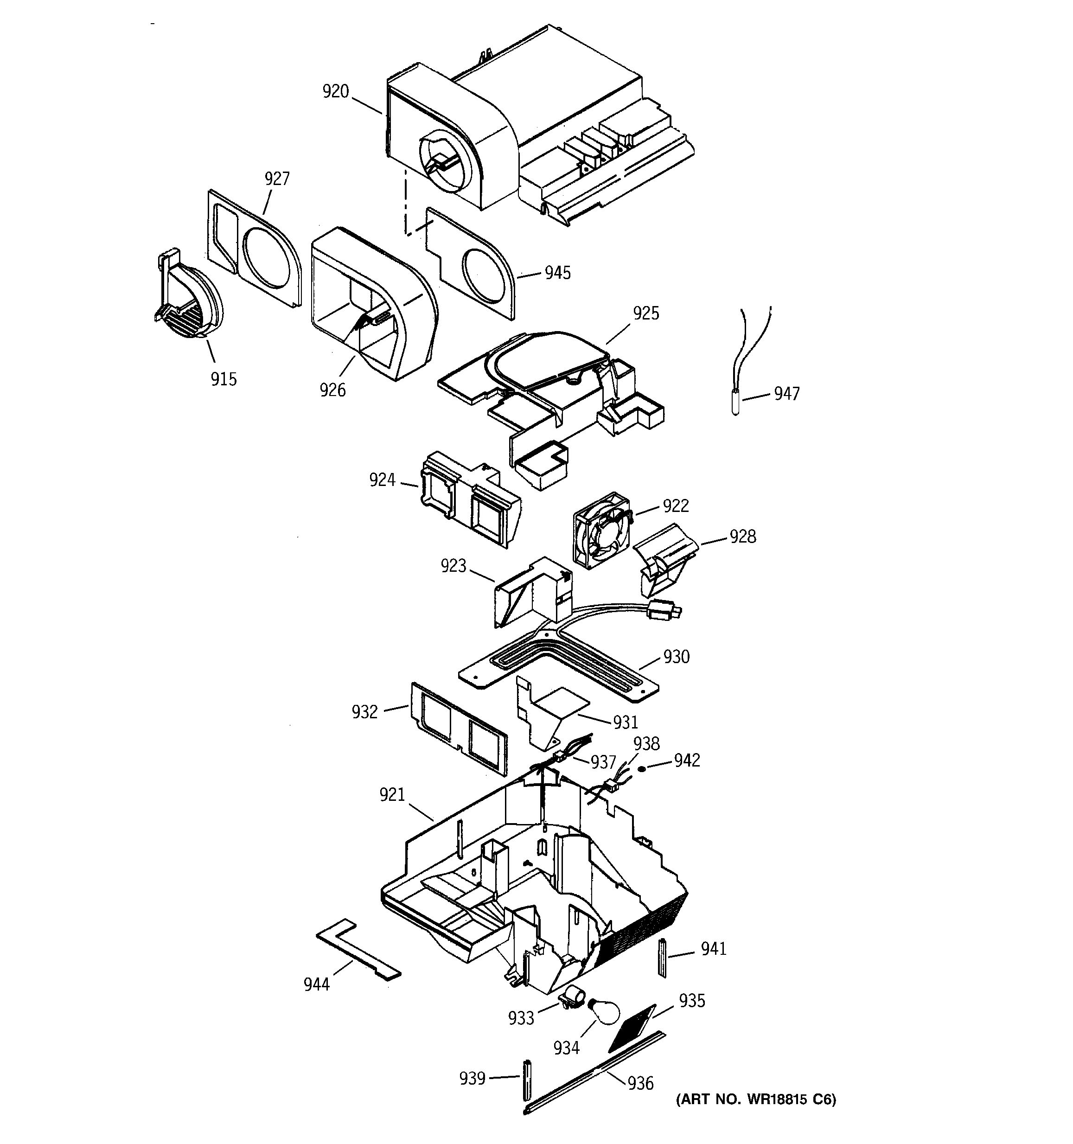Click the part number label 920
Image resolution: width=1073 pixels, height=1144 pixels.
(x=335, y=91)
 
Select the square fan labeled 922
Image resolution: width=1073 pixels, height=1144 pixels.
(x=602, y=530)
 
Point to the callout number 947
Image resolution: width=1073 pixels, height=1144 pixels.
(x=786, y=394)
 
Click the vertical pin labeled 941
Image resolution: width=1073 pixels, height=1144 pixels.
(x=662, y=958)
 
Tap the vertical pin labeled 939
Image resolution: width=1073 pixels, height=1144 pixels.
(x=526, y=1079)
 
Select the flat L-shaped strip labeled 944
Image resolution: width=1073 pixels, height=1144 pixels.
(x=358, y=952)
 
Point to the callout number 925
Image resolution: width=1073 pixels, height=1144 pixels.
(x=646, y=313)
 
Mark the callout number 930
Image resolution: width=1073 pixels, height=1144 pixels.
(x=676, y=657)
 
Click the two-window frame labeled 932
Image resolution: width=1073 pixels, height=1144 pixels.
(x=459, y=728)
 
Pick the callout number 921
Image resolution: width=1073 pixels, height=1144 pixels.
(x=392, y=795)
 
